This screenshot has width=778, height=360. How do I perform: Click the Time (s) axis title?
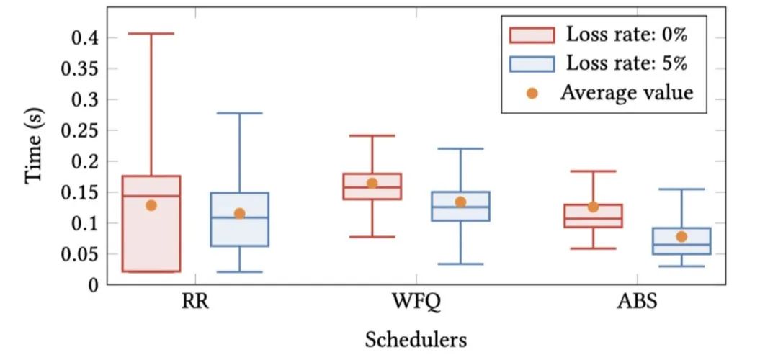coord(35,152)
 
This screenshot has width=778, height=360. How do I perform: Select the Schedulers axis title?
coord(415,338)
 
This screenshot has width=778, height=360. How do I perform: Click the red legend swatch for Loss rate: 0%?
coord(532,35)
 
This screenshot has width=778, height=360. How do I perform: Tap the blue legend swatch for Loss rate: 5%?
coord(532,63)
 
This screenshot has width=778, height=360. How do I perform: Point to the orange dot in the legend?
coord(532,93)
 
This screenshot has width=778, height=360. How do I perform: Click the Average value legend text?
coord(626,93)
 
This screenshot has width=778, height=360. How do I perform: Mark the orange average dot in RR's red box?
coord(151,205)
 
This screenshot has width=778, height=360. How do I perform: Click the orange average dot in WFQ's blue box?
coord(460,202)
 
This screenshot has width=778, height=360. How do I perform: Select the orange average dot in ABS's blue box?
coord(681,236)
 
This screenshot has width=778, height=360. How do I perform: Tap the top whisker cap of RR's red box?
coord(151,33)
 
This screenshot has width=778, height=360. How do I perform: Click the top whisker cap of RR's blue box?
coord(239,113)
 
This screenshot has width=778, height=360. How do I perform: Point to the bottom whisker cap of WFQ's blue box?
coord(460,264)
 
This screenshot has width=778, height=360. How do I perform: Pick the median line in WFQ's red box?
coord(372,187)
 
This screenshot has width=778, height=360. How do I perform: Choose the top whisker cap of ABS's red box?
coord(593,171)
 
